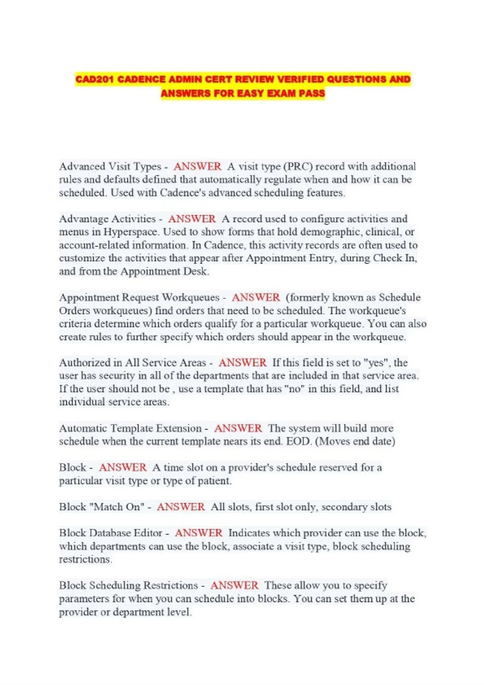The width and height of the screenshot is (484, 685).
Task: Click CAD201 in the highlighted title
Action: [94, 79]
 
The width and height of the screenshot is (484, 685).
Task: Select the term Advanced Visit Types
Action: [110, 166]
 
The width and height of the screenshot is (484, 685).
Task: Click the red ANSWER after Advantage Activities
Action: [192, 219]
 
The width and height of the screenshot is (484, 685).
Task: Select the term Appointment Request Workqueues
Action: [139, 297]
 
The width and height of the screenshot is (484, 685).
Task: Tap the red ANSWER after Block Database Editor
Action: [198, 533]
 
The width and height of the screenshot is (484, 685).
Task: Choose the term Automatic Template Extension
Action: [130, 428]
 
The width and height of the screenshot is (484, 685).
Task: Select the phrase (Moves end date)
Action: [355, 441]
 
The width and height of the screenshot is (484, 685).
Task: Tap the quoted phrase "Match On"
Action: [119, 507]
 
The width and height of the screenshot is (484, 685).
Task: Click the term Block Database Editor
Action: [111, 533]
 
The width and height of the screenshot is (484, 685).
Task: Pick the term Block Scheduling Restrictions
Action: [128, 585]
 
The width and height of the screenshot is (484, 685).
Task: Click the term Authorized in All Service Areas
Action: [133, 363]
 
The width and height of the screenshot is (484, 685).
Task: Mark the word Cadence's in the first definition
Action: [183, 193]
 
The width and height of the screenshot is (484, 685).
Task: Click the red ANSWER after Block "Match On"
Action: [181, 507]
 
